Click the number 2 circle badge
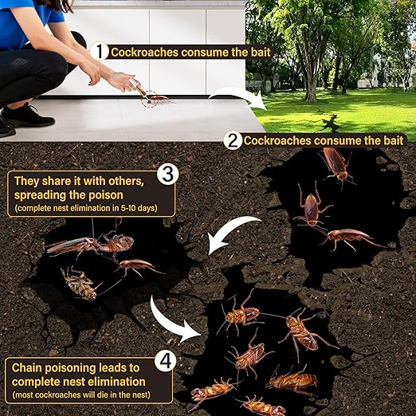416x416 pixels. click(x=233, y=141)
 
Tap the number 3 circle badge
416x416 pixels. click(x=167, y=173)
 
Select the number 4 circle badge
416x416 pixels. click(x=165, y=362)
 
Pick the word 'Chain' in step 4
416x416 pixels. click(x=29, y=367)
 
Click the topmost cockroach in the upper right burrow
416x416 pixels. click(x=338, y=164)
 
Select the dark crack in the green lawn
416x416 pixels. click(x=328, y=123)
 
